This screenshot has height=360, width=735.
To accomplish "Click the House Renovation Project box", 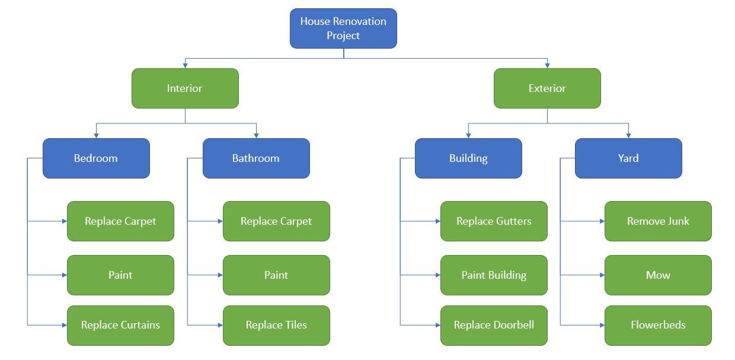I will click(343, 28).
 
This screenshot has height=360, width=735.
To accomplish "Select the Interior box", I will click(185, 88).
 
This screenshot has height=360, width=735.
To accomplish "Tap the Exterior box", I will click(547, 88).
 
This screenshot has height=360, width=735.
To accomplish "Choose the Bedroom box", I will click(96, 158).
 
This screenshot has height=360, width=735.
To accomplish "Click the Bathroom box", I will click(256, 158).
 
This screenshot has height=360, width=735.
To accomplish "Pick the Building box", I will click(468, 158).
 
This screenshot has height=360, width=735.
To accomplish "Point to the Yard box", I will click(628, 158).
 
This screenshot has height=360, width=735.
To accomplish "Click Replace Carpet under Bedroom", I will click(120, 221).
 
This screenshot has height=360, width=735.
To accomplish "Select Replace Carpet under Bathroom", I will click(276, 221).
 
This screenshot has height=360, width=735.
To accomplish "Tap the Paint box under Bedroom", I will click(120, 275).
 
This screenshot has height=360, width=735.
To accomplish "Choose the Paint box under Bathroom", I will click(276, 275).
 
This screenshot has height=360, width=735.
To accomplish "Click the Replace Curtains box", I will click(120, 325).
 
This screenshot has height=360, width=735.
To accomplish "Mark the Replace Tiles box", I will click(276, 325).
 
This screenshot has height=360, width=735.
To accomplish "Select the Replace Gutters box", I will click(494, 221).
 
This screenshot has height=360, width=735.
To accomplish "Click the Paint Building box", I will click(494, 275).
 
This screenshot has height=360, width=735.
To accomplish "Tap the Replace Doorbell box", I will click(494, 325).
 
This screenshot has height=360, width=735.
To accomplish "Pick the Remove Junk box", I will click(658, 221).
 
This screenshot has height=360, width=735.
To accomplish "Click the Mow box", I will click(658, 275).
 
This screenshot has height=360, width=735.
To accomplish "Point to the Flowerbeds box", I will click(658, 325).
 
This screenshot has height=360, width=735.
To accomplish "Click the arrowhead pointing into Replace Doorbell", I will click(437, 325).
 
